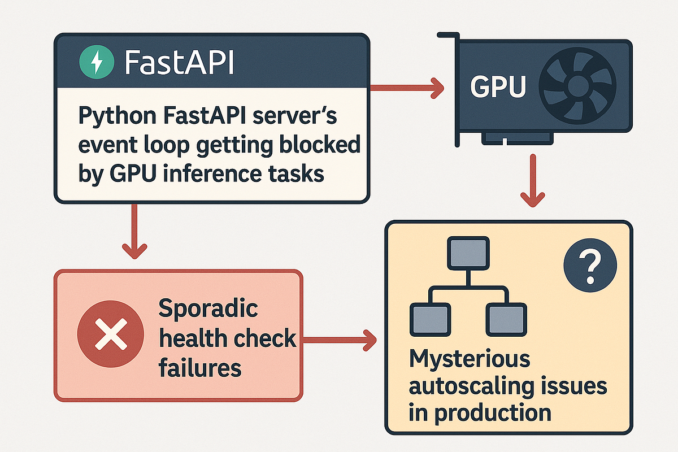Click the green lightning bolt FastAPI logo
tap(97, 62)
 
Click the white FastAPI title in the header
tap(179, 63)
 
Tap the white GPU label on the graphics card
tap(498, 86)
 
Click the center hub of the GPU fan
tap(577, 86)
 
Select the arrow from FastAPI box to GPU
tap(407, 88)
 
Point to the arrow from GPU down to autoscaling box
tap(533, 181)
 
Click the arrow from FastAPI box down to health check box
tap(134, 232)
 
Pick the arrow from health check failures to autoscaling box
tap(340, 340)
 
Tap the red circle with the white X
tap(111, 334)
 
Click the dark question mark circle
tap(590, 265)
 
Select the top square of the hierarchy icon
tap(468, 253)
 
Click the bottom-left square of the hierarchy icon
tap(430, 320)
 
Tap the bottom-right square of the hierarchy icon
tap(506, 320)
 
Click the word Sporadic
tap(208, 309)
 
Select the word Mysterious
tap(470, 360)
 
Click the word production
tap(493, 412)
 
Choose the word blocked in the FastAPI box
tap(320, 145)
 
